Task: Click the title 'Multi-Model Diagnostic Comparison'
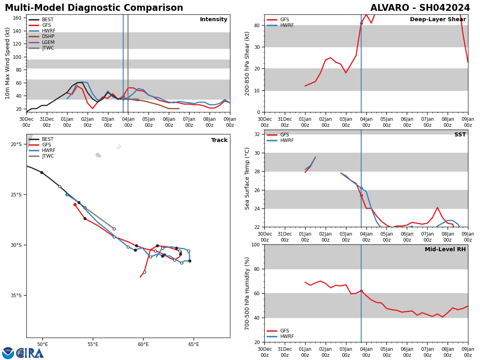[94, 8]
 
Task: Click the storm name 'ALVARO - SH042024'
[420, 8]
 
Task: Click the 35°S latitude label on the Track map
[16, 296]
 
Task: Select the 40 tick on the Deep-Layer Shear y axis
[257, 25]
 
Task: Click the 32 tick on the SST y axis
[257, 134]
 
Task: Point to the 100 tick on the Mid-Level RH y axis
[255, 244]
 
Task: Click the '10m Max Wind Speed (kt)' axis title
[8, 63]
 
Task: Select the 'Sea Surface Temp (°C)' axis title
[247, 178]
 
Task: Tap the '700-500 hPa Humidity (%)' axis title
[247, 293]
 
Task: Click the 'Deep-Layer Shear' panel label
[438, 20]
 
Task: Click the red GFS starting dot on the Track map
[75, 204]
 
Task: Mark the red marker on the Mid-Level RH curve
[361, 291]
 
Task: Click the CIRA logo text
[30, 353]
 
